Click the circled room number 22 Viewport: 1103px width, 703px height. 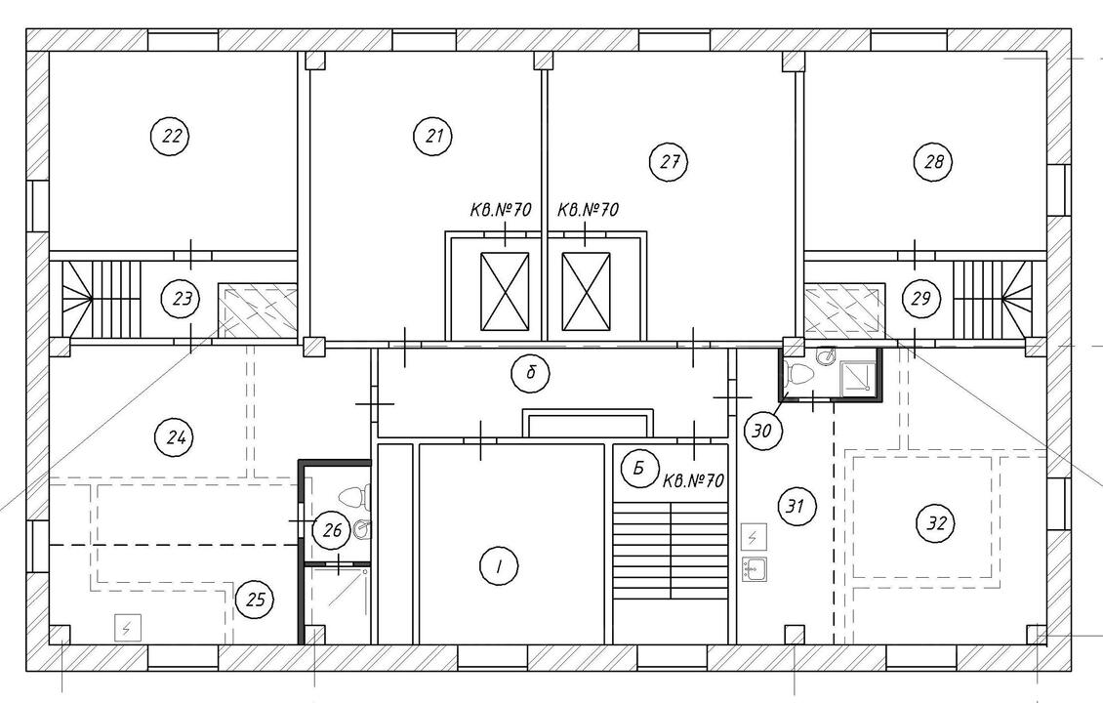[x=171, y=136]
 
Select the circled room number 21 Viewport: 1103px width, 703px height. [x=434, y=136]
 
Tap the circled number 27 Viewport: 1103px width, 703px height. [x=669, y=162]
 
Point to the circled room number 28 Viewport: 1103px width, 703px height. [x=933, y=162]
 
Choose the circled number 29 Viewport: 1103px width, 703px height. [x=920, y=299]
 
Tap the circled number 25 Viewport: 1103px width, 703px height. [x=255, y=600]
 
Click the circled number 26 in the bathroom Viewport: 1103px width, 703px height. [x=331, y=529]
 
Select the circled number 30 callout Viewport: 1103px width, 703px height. [x=761, y=430]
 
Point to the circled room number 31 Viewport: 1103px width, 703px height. [x=796, y=506]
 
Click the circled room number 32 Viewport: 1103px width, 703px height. [x=936, y=522]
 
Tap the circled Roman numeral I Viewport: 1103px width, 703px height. [x=499, y=565]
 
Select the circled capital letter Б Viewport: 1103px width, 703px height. [x=638, y=468]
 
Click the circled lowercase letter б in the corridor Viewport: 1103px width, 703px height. [x=530, y=372]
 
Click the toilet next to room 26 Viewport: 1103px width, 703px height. [x=354, y=498]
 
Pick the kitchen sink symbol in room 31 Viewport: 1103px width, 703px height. [x=755, y=568]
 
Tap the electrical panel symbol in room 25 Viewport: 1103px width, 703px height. [x=127, y=628]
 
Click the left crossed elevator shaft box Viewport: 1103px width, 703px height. [x=505, y=291]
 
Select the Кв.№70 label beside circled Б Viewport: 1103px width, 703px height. [x=694, y=481]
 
